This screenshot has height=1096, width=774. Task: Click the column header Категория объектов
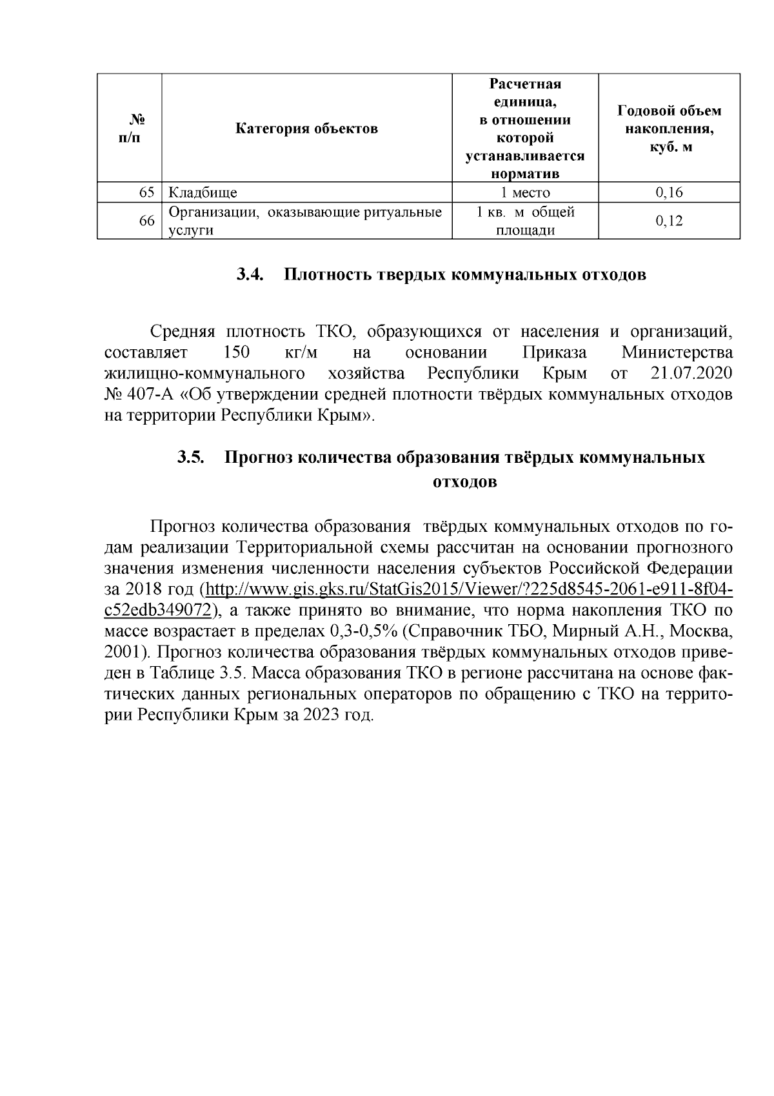tap(306, 128)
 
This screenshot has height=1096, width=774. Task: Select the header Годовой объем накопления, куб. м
tap(670, 128)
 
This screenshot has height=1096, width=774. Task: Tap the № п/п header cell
tap(130, 128)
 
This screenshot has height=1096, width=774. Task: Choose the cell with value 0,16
tap(670, 192)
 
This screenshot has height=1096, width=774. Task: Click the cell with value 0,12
tap(670, 221)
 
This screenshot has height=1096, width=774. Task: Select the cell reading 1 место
tap(526, 192)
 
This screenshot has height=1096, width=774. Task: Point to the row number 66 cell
tap(146, 221)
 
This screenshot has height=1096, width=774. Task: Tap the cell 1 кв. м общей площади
tap(526, 221)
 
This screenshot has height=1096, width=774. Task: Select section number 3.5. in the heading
tap(191, 458)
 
